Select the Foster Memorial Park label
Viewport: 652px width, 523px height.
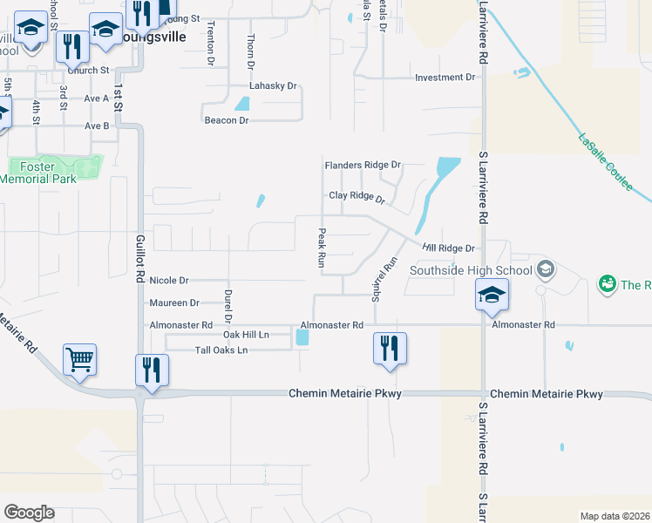pyautogui.click(x=38, y=172)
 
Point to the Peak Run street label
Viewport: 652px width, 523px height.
pyautogui.click(x=322, y=248)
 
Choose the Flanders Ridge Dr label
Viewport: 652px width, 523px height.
pyautogui.click(x=362, y=165)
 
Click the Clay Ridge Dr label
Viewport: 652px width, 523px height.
pyautogui.click(x=357, y=196)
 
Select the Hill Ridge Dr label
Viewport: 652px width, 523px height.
pyautogui.click(x=448, y=248)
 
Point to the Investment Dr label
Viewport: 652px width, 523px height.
pyautogui.click(x=445, y=78)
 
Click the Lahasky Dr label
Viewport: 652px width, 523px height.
pyautogui.click(x=274, y=87)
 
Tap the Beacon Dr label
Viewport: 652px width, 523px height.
pyautogui.click(x=227, y=120)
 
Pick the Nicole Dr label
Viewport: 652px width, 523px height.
pyautogui.click(x=169, y=281)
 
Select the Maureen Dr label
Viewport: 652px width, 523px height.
pyautogui.click(x=174, y=303)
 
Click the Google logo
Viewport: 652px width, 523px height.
pyautogui.click(x=30, y=513)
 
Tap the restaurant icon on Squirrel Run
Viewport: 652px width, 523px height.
pyautogui.click(x=390, y=349)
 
